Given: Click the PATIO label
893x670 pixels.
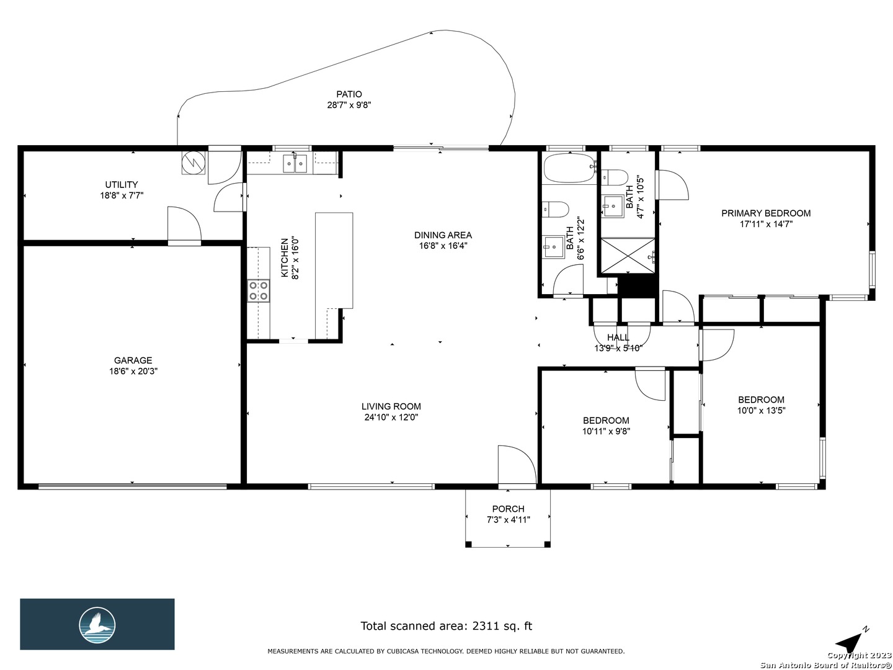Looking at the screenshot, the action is point(349,94).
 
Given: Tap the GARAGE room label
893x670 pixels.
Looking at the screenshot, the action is point(133,360).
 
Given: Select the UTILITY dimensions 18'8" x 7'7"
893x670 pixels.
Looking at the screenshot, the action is point(122,195).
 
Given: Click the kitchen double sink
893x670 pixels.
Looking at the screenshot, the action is point(296,164).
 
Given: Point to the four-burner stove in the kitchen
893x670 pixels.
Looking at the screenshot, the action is point(259,290).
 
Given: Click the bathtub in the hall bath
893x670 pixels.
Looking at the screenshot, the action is point(569,168).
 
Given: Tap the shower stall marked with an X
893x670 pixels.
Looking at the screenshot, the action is point(628,256).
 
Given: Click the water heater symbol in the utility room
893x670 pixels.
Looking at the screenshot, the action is point(193,163).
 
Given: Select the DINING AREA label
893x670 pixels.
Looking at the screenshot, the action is point(443,234).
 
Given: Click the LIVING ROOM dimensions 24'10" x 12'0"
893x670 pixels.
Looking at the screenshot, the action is point(391,417).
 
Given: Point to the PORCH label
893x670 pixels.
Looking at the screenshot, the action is point(508,509).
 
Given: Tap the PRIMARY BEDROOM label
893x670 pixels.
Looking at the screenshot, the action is point(766,213).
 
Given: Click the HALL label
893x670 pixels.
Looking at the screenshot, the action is point(618,337).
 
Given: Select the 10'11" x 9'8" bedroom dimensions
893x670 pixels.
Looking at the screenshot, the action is point(606,431).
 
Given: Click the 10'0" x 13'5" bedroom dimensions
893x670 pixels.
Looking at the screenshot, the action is point(761,411).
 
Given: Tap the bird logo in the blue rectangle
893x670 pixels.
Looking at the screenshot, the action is point(97,625).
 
